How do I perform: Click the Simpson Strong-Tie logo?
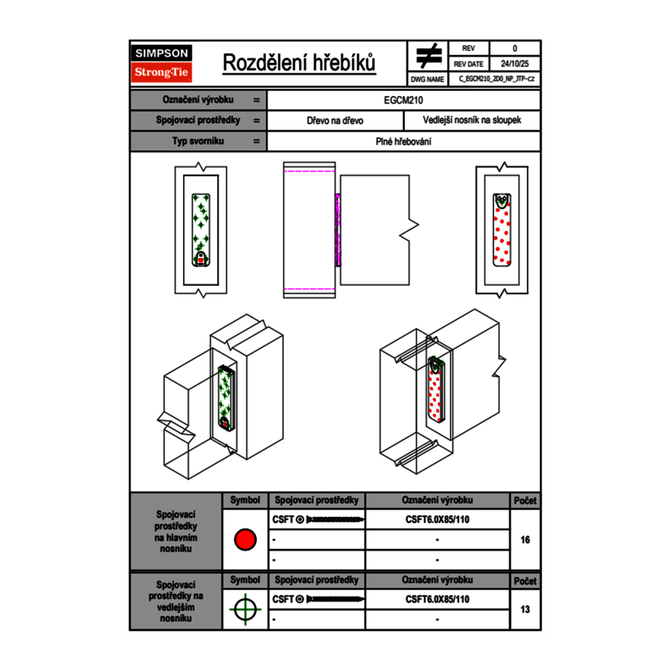click(x=162, y=63)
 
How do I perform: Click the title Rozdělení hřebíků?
click(x=299, y=63)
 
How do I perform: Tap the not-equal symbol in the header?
click(x=429, y=56)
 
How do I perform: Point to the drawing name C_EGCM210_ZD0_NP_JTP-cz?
click(x=496, y=79)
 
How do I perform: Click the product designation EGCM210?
click(x=403, y=100)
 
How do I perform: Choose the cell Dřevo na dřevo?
click(x=335, y=120)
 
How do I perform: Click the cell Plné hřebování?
click(x=403, y=141)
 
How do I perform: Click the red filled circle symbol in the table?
click(x=245, y=539)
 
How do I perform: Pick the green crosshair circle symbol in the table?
click(x=245, y=609)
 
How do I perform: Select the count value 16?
click(x=525, y=539)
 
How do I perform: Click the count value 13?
click(x=525, y=609)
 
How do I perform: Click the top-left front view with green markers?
click(x=201, y=228)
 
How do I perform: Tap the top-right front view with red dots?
click(x=501, y=230)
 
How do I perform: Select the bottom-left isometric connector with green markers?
click(x=225, y=397)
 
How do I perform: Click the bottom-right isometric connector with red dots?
click(x=435, y=389)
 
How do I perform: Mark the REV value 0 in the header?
click(x=514, y=48)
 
